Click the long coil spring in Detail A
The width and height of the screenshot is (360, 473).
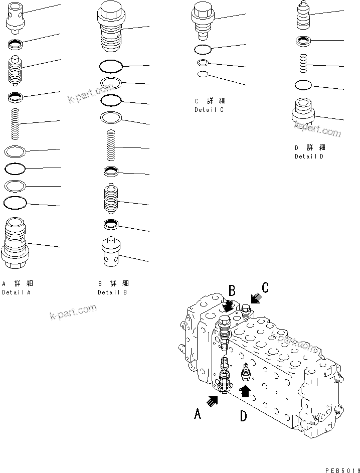click(16, 125)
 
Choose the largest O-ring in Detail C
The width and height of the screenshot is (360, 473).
click(203, 49)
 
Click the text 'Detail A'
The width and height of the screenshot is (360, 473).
click(17, 292)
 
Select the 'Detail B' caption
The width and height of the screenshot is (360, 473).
click(112, 292)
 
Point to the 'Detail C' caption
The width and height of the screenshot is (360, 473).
click(209, 110)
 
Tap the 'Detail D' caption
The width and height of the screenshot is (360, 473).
click(309, 156)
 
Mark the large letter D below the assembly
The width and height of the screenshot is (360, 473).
click(244, 416)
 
